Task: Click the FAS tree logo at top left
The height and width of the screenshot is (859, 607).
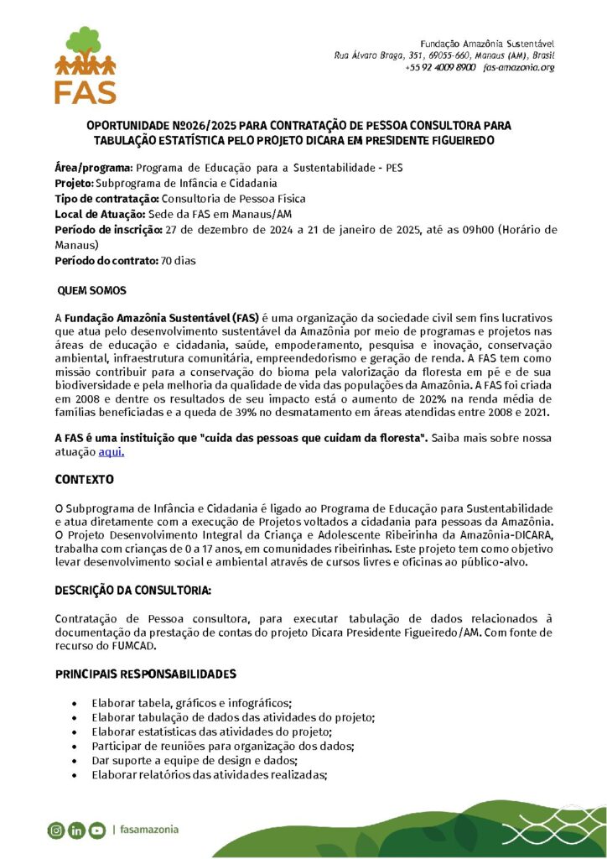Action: point(85,65)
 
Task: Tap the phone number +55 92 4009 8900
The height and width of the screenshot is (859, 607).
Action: point(440,67)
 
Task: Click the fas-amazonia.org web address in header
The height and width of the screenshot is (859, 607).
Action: point(519,67)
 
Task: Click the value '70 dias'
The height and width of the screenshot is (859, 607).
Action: point(178,261)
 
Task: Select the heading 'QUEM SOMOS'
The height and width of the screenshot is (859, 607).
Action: point(91,290)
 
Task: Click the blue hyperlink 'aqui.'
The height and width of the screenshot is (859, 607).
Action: point(112,451)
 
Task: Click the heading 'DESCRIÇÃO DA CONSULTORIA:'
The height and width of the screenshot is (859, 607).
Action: point(133,591)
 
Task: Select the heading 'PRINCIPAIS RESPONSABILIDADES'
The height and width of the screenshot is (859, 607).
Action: point(145,674)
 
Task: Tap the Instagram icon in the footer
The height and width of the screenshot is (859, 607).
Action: point(56,830)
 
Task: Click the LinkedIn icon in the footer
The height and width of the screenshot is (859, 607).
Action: point(76,830)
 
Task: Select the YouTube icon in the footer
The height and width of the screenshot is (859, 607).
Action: point(97,830)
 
